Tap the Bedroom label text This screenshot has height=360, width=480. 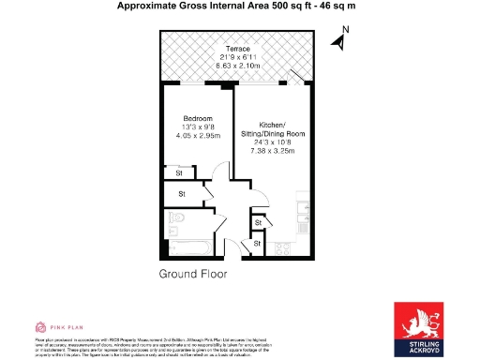[199, 117]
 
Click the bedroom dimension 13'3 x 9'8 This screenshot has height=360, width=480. [199, 127]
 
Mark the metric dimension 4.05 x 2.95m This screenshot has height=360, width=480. [199, 136]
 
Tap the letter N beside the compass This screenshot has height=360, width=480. [344, 29]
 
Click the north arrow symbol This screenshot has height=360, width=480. [336, 41]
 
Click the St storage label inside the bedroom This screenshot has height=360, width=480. [179, 172]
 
